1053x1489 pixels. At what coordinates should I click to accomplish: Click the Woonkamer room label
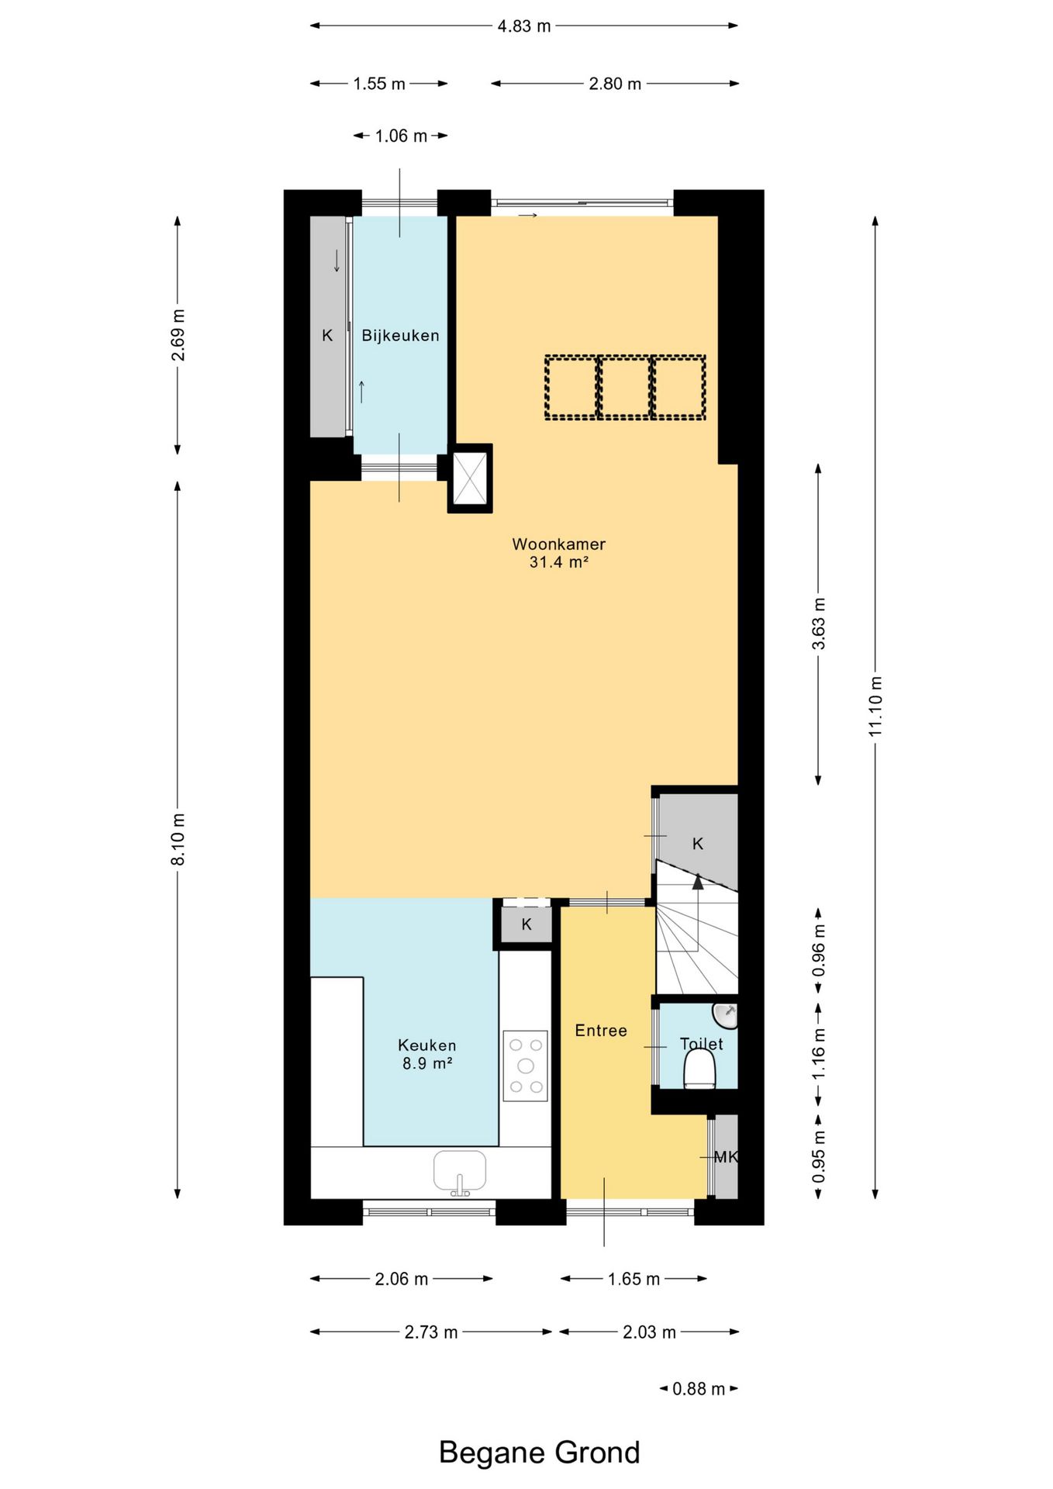coord(558,544)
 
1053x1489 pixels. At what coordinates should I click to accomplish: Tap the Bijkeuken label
coord(400,336)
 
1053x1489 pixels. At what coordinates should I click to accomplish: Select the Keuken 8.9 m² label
coord(427,1055)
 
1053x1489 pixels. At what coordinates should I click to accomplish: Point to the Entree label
coord(601,1031)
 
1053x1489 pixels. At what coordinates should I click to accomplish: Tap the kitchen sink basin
coord(460,1170)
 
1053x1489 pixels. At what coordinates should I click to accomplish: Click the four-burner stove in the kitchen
coord(525,1066)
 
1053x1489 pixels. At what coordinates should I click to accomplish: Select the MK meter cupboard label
coord(726,1157)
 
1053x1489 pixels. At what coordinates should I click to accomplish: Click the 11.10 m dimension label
coord(875,706)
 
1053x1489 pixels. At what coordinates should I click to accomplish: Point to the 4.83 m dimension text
coord(524,26)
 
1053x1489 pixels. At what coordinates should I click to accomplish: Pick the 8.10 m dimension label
coord(178,840)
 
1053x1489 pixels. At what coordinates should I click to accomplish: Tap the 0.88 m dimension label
coord(699,1389)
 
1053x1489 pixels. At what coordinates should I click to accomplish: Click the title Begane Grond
coord(540,1453)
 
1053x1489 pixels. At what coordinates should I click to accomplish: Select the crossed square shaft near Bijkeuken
coord(470,478)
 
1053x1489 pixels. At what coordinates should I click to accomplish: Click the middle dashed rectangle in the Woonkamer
coord(625,388)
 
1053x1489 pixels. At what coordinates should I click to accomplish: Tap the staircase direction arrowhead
coord(698,881)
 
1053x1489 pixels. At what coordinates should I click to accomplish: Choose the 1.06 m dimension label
coord(401,136)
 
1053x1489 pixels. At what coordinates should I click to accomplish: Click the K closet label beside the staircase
coord(698,844)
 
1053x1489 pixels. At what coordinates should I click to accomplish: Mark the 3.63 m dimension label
coord(819,624)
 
